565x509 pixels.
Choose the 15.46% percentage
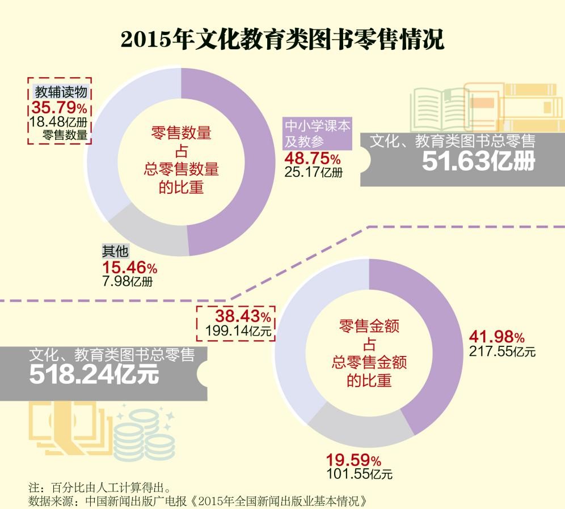(x=129, y=266)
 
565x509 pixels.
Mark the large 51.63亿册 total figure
(x=478, y=162)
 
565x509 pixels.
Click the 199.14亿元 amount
(x=239, y=329)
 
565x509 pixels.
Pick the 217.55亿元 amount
(x=502, y=351)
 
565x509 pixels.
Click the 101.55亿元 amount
(x=360, y=473)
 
